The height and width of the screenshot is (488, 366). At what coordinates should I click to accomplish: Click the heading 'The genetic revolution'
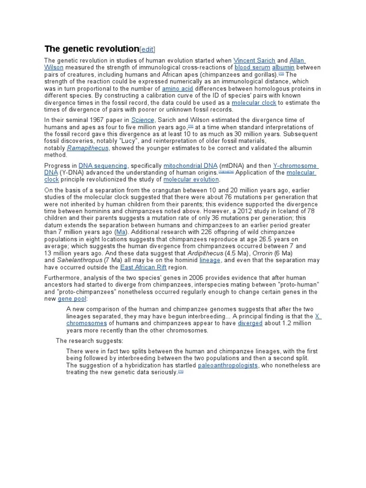point(91,49)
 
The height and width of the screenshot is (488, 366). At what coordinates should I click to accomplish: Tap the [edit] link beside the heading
point(147,50)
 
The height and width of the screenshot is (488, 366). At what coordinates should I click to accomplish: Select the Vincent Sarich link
point(254,61)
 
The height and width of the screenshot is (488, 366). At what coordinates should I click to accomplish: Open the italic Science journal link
point(143,120)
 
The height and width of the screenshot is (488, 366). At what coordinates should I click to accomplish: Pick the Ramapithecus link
point(88,148)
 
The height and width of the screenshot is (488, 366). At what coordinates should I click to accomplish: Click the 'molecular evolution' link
point(191,180)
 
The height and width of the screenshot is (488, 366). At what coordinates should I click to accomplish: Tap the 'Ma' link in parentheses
point(121,232)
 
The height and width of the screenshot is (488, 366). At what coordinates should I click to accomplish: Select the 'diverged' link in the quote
point(250,323)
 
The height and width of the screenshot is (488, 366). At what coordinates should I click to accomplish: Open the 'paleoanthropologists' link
point(228,365)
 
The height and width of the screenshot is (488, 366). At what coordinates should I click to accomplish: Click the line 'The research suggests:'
point(90,341)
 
